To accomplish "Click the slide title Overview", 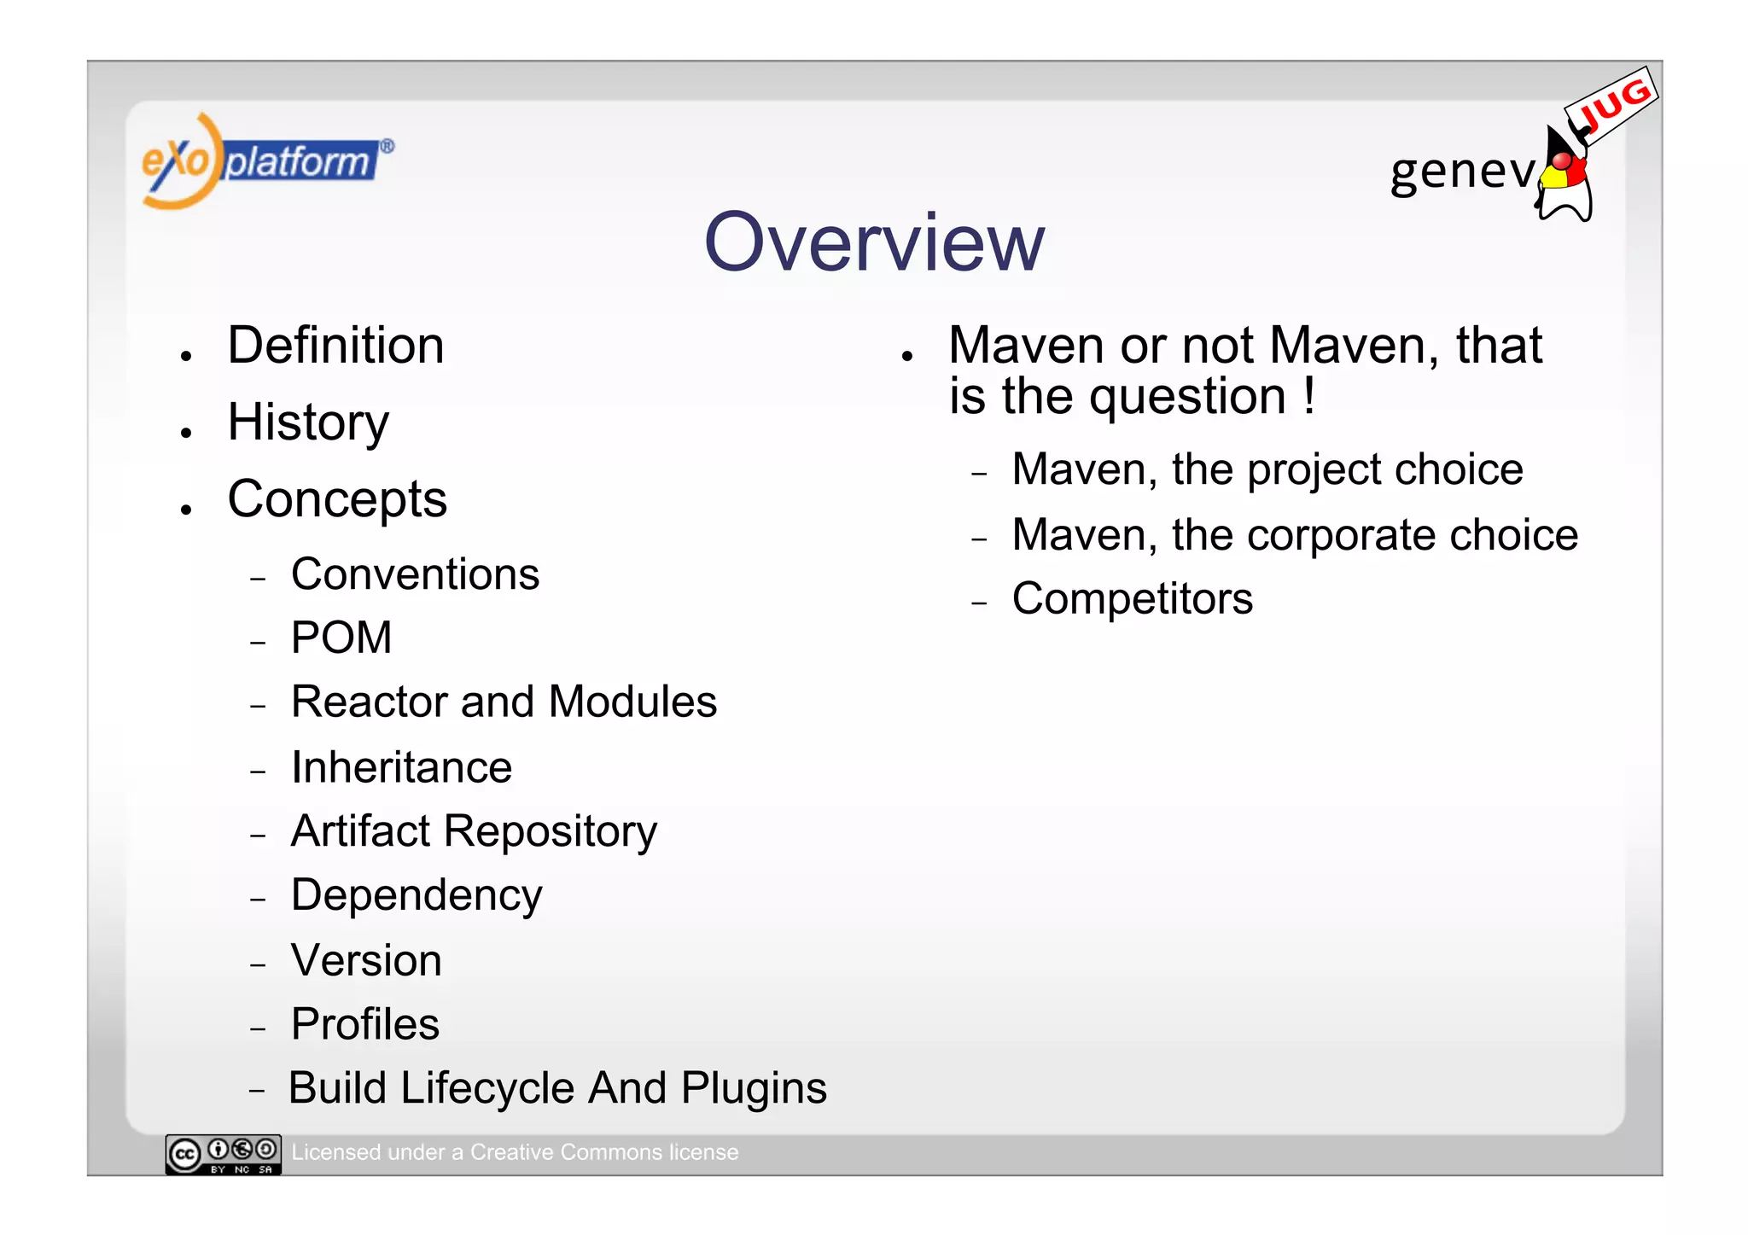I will [874, 243].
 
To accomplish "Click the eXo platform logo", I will [266, 161].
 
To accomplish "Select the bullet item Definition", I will [335, 346].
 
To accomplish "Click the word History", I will [308, 422].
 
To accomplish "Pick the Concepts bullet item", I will [337, 499].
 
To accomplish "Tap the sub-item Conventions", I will [415, 574].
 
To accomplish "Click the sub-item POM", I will [341, 638].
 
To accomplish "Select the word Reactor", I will [369, 702].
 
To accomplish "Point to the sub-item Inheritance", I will [401, 767].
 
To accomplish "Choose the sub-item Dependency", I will [417, 895].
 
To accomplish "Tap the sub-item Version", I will [366, 960].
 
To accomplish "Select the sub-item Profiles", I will [365, 1024].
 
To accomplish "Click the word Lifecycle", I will [487, 1089].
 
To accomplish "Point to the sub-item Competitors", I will [1132, 599].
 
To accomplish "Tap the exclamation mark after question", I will [1309, 396].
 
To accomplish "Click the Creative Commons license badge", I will [223, 1154].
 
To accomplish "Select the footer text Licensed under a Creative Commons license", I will [515, 1152].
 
